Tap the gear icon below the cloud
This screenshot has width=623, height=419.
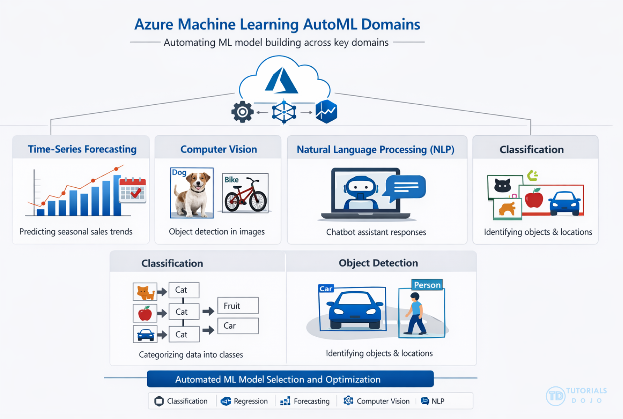tap(243, 112)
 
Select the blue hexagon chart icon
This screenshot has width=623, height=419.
tap(326, 112)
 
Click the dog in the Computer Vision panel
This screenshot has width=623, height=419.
tap(193, 194)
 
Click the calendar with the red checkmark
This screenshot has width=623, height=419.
tap(133, 190)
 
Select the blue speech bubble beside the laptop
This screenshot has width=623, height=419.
tap(405, 187)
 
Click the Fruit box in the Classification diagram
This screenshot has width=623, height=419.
tap(238, 306)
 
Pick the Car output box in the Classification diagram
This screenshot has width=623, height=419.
tap(238, 326)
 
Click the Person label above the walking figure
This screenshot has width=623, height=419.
tap(427, 285)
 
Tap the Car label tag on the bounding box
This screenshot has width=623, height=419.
tap(326, 289)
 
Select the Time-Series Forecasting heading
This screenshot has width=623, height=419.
tap(82, 149)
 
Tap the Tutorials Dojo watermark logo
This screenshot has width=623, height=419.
tap(576, 396)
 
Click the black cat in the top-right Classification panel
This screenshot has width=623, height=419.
tap(503, 185)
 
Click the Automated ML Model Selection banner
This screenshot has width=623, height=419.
tap(290, 379)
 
